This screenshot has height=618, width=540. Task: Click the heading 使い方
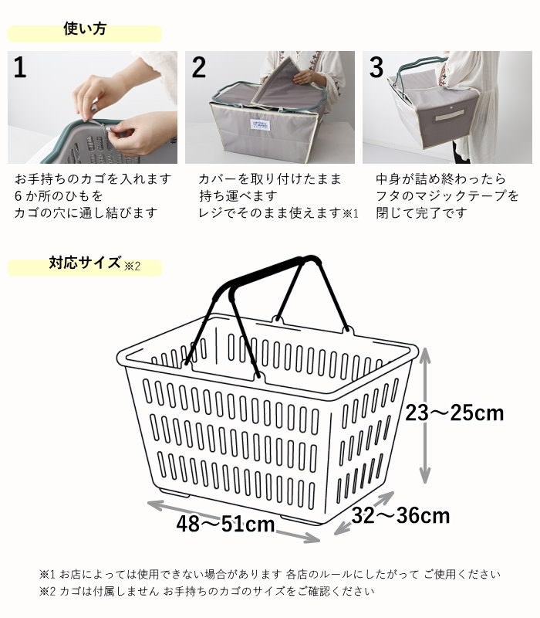tap(85, 29)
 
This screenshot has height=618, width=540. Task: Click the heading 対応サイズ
tap(85, 263)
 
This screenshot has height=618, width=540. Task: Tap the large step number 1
tap(20, 67)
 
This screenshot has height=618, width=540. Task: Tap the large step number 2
tap(199, 67)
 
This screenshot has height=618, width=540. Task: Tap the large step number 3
tap(376, 67)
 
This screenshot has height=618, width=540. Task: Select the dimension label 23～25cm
tap(454, 413)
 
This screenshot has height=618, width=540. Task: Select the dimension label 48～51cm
tap(225, 525)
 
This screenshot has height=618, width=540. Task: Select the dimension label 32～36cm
tap(400, 515)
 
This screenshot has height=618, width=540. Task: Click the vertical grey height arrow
tap(424, 416)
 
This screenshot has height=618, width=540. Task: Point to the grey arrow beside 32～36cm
tap(363, 513)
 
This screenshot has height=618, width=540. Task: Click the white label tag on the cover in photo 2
tap(259, 124)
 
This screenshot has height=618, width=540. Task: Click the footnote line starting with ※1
tap(269, 574)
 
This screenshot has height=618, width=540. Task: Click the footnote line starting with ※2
tap(207, 591)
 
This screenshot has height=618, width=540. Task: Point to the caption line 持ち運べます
tap(238, 196)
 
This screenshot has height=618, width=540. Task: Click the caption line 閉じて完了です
tap(421, 213)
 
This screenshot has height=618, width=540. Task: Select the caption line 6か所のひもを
tap(59, 196)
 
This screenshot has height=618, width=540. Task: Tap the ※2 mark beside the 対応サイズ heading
tap(132, 266)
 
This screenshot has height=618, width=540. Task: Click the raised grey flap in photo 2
tap(281, 82)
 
